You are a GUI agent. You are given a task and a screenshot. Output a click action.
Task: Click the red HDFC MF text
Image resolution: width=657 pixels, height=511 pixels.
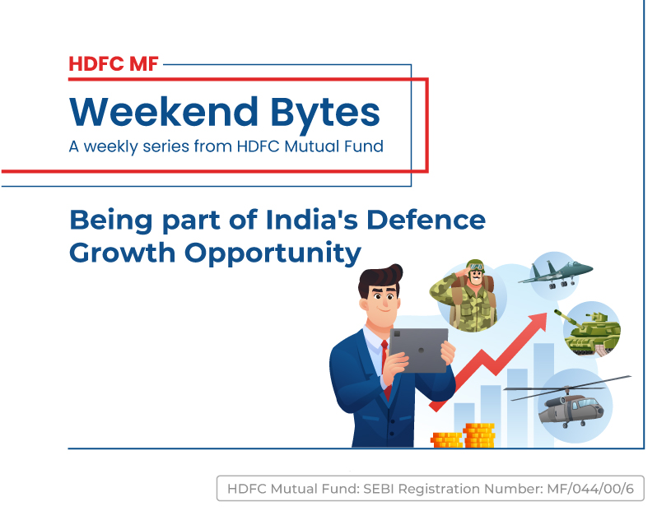(114, 64)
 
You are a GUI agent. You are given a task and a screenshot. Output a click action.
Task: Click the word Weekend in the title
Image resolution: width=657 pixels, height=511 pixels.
(164, 112)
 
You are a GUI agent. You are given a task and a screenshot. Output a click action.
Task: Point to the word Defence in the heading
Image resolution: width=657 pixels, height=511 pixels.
(426, 220)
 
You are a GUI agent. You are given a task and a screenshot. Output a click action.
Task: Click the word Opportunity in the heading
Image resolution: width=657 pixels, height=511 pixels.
(273, 254)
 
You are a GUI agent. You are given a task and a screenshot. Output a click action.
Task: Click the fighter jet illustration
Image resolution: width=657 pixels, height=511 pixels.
(556, 273)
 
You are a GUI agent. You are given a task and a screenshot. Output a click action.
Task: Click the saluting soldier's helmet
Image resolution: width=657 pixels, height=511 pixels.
(476, 266)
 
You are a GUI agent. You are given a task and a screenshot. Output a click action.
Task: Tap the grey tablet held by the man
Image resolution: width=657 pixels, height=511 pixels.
(418, 351)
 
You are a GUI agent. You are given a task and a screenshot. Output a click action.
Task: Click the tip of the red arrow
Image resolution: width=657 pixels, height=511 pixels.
(547, 314)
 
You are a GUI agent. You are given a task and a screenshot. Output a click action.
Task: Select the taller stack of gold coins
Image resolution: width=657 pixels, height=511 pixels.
(479, 435)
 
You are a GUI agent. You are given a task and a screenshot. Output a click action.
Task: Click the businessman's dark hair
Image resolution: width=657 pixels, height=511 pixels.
(380, 277)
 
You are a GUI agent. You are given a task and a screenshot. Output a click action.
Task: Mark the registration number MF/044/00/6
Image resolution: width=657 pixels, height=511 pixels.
(590, 489)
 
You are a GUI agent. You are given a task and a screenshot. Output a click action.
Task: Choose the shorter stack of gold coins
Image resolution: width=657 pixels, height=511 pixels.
(447, 440)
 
